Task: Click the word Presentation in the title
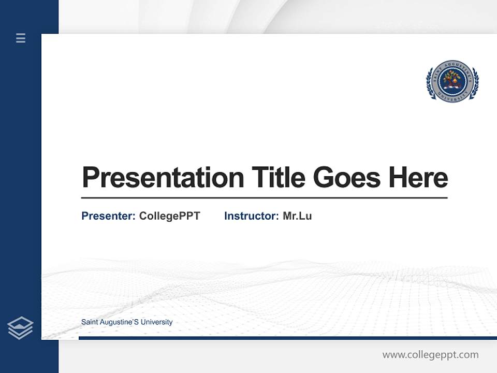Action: pos(163,178)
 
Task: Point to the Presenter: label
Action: pos(108,216)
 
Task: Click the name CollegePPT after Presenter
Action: pos(170,216)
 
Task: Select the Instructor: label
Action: pos(251,216)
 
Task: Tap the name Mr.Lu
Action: pos(297,216)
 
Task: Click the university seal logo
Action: pos(452,81)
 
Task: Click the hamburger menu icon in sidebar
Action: pos(21,38)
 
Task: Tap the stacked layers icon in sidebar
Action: pos(21,327)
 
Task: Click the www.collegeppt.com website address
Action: pos(430,355)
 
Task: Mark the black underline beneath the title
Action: pos(264,198)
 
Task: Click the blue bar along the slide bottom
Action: pos(287,338)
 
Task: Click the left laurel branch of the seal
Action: pos(429,83)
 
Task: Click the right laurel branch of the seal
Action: pos(475,83)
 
